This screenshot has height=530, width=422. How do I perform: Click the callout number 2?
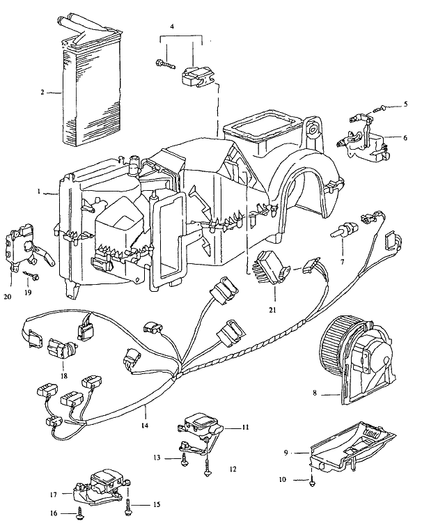point(42,92)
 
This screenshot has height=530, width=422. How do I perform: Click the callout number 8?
point(315,393)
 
